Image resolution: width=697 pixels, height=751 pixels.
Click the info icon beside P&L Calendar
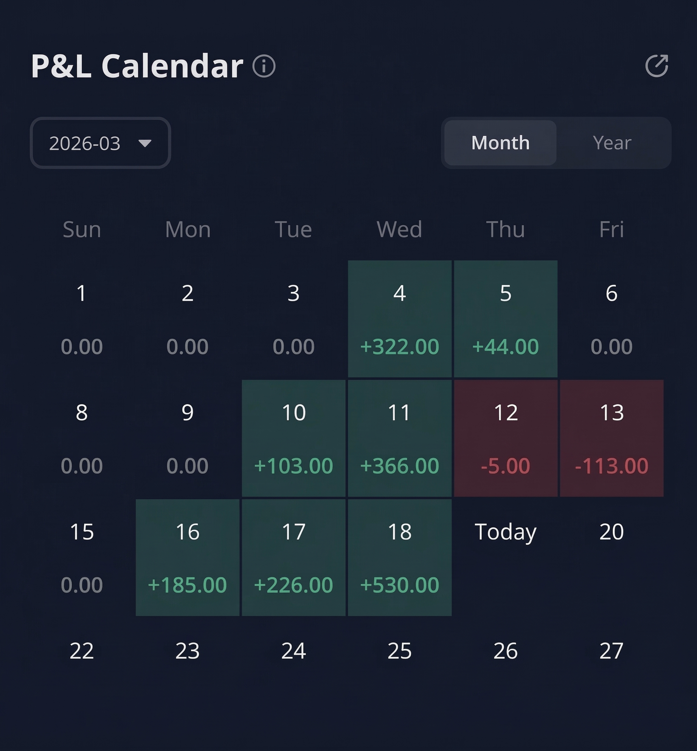pyautogui.click(x=264, y=66)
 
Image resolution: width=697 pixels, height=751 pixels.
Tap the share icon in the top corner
pyautogui.click(x=657, y=66)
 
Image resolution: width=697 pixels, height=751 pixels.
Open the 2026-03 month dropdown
pyautogui.click(x=100, y=143)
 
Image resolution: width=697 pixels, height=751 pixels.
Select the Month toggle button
pyautogui.click(x=500, y=143)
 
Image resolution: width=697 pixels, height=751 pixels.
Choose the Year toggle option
pyautogui.click(x=612, y=143)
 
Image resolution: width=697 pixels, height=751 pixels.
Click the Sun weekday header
pyautogui.click(x=82, y=229)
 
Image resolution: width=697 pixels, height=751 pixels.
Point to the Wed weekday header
pyautogui.click(x=399, y=229)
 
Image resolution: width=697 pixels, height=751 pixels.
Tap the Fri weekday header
pyautogui.click(x=611, y=229)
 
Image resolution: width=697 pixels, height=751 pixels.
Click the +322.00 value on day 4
pyautogui.click(x=399, y=346)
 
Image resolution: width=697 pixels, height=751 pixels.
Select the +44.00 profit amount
pyautogui.click(x=506, y=346)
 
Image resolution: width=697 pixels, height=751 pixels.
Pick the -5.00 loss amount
pyautogui.click(x=506, y=466)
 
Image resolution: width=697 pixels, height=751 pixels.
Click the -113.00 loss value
pyautogui.click(x=611, y=466)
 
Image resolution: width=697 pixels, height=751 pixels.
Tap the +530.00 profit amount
pyautogui.click(x=399, y=585)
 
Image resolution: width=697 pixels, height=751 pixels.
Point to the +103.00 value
pyautogui.click(x=293, y=466)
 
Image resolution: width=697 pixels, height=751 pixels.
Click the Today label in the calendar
pyautogui.click(x=506, y=532)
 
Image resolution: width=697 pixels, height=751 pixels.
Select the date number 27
pyautogui.click(x=611, y=651)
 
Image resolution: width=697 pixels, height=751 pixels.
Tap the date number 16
pyautogui.click(x=188, y=532)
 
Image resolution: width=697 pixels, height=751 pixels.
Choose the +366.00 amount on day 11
pyautogui.click(x=399, y=466)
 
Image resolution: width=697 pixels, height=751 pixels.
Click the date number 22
pyautogui.click(x=82, y=651)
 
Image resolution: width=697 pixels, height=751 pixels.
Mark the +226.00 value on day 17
pyautogui.click(x=293, y=585)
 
